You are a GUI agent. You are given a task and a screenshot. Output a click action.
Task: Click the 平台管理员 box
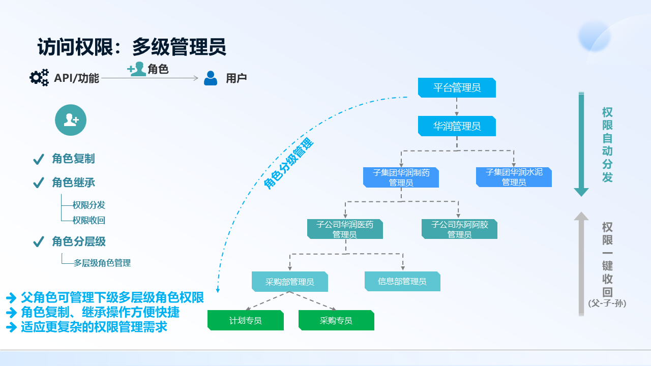pyautogui.click(x=457, y=88)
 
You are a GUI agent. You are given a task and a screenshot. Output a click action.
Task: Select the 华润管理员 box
pyautogui.click(x=457, y=126)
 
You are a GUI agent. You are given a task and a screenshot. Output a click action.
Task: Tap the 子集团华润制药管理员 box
pyautogui.click(x=401, y=177)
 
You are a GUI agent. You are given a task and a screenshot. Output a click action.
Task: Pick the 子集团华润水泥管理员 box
pyautogui.click(x=514, y=177)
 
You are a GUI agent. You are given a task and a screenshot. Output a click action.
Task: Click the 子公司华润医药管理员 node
pyautogui.click(x=345, y=229)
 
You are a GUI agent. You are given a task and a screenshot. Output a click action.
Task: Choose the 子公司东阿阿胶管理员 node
pyautogui.click(x=459, y=229)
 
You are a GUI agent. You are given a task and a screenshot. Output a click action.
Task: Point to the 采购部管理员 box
pyautogui.click(x=290, y=282)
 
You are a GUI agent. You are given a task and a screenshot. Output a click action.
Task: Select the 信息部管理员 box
pyautogui.click(x=402, y=281)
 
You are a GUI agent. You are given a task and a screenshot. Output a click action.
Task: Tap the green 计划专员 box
pyautogui.click(x=246, y=321)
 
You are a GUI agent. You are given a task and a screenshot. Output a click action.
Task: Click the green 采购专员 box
pyautogui.click(x=336, y=321)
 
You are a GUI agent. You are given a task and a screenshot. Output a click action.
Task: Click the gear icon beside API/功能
pyautogui.click(x=39, y=77)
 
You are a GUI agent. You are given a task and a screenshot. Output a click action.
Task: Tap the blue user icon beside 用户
pyautogui.click(x=211, y=78)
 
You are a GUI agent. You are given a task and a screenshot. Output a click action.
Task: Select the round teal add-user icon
pyautogui.click(x=71, y=120)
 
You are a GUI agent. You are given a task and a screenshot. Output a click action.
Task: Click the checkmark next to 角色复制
pyautogui.click(x=38, y=160)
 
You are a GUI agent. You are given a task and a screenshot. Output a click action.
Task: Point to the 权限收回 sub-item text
pyautogui.click(x=88, y=221)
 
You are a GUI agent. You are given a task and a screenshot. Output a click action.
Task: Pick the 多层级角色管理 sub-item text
pyautogui.click(x=102, y=263)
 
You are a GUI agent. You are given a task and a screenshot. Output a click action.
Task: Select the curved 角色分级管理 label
pyautogui.click(x=288, y=164)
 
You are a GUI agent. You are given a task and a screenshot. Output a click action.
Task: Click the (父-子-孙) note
pyautogui.click(x=607, y=303)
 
